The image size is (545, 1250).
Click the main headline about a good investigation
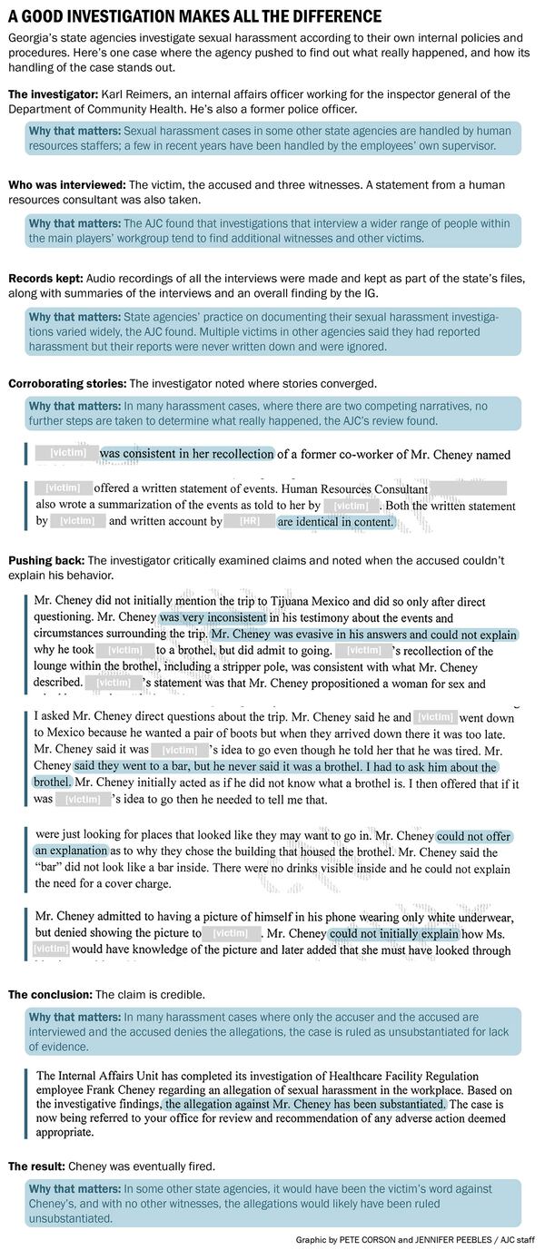tap(194, 16)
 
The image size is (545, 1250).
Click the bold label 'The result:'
tap(40, 1165)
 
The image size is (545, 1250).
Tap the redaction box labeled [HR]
tap(249, 522)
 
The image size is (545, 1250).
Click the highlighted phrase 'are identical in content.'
tap(336, 522)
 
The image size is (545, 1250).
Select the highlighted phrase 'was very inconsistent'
tap(213, 617)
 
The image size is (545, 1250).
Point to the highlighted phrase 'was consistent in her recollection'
tap(186, 454)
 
